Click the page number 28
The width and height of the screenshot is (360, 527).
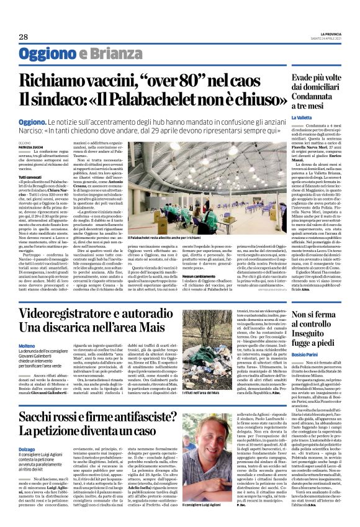pyautogui.click(x=24, y=37)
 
